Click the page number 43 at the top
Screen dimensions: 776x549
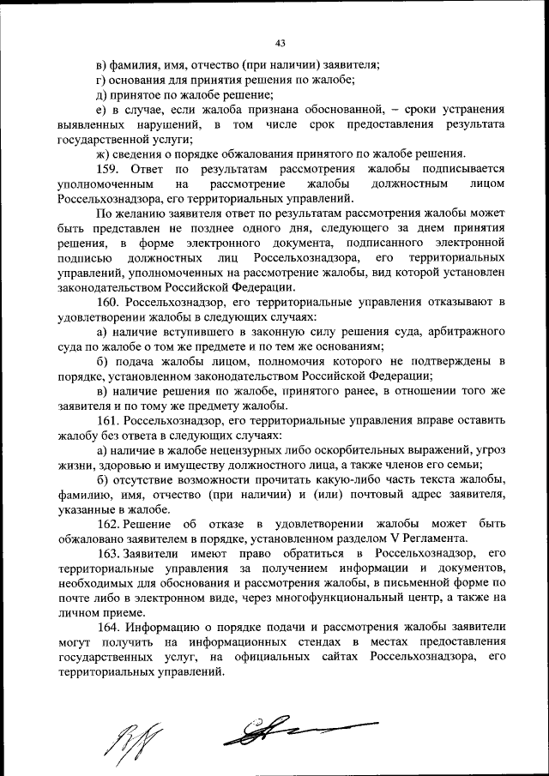pos(280,43)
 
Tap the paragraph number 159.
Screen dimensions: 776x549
pos(107,170)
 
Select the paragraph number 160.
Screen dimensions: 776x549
pos(108,302)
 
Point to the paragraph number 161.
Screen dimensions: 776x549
pos(108,420)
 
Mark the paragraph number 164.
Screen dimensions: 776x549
pos(108,628)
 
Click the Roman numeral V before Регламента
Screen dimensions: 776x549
pos(393,539)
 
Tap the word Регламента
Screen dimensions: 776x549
pos(434,539)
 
